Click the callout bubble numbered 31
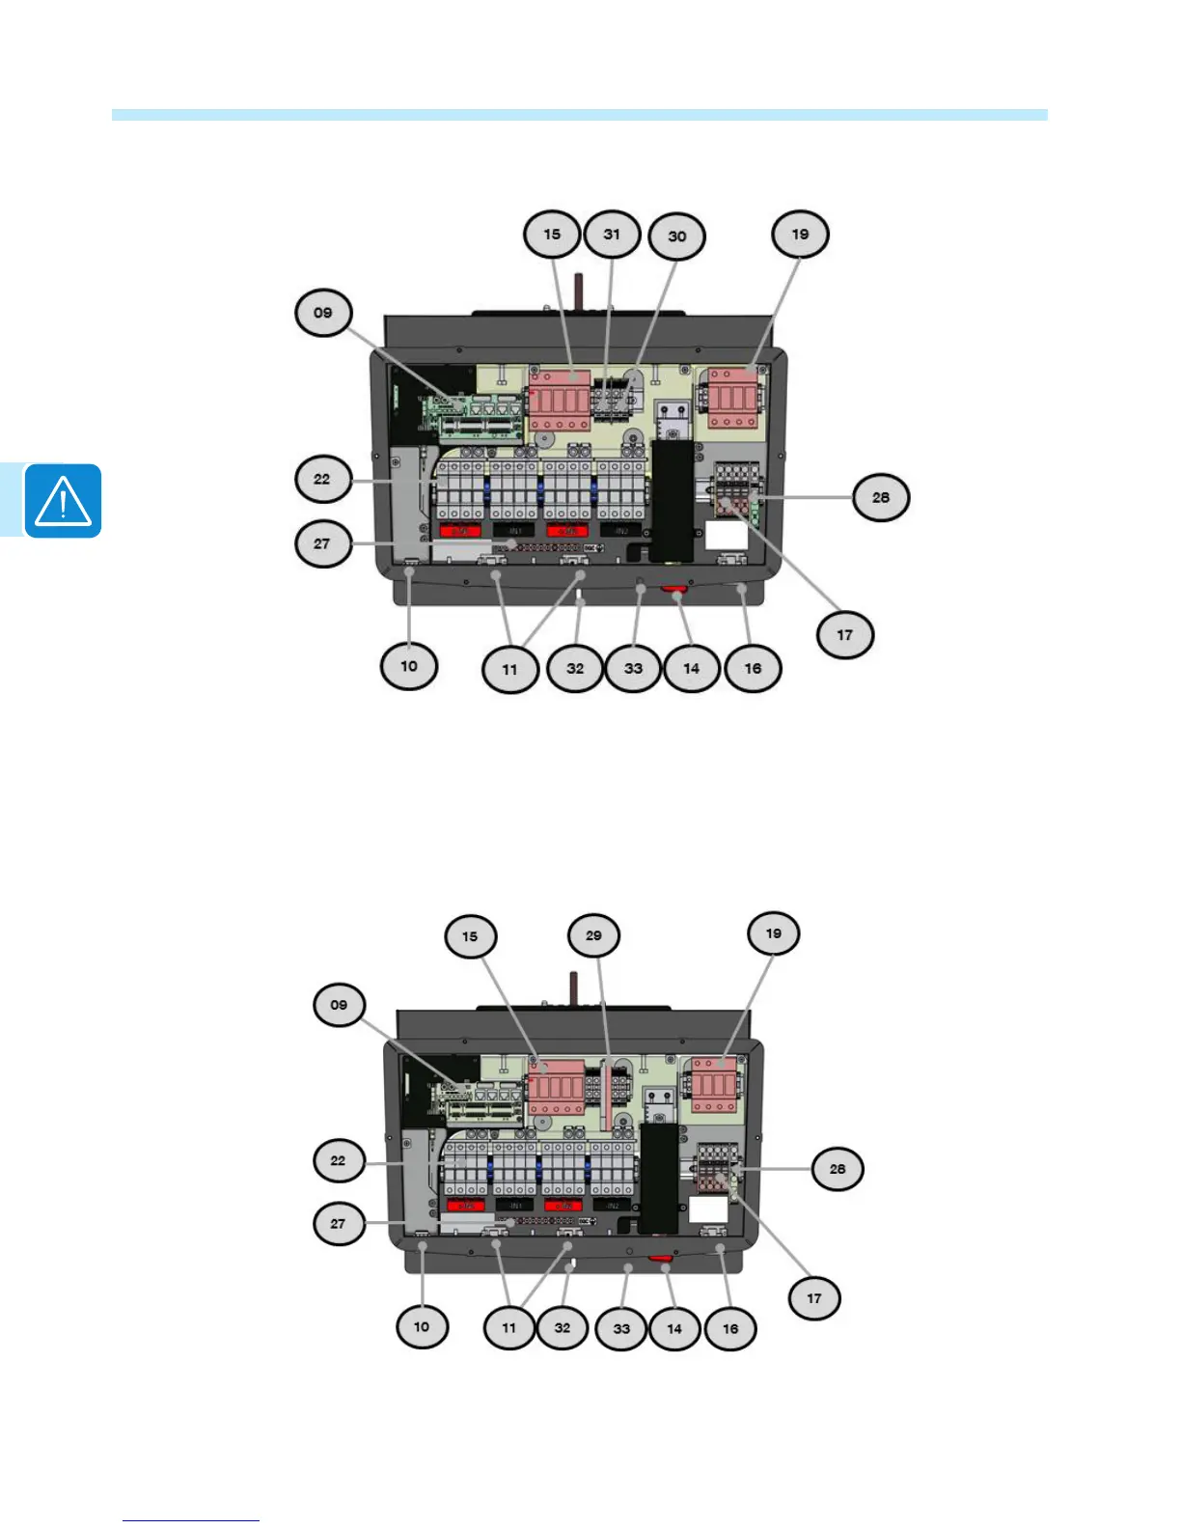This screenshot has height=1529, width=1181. click(612, 235)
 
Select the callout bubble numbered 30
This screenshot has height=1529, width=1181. click(677, 236)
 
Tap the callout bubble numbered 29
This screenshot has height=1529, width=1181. click(593, 935)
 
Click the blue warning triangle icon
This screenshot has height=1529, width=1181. click(63, 501)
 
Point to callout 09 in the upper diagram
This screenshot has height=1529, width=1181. click(323, 313)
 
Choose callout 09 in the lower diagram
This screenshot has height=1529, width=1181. click(339, 1005)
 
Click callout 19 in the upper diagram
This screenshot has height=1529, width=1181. click(800, 235)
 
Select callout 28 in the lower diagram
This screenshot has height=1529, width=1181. click(838, 1169)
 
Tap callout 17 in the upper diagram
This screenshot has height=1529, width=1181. click(845, 635)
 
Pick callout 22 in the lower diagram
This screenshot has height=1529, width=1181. click(338, 1160)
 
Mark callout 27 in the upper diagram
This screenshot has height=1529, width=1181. click(322, 543)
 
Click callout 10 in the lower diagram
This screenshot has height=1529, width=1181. click(422, 1326)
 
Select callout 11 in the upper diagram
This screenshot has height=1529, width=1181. click(509, 669)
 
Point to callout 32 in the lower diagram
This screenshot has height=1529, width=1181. click(563, 1327)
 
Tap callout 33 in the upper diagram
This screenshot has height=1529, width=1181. click(633, 668)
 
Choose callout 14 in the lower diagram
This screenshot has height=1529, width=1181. click(674, 1328)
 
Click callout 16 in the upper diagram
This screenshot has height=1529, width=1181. click(753, 668)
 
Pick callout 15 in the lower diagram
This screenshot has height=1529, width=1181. click(470, 936)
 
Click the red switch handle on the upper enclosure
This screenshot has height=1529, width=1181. click(674, 588)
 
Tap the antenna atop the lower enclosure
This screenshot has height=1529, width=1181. click(572, 987)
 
